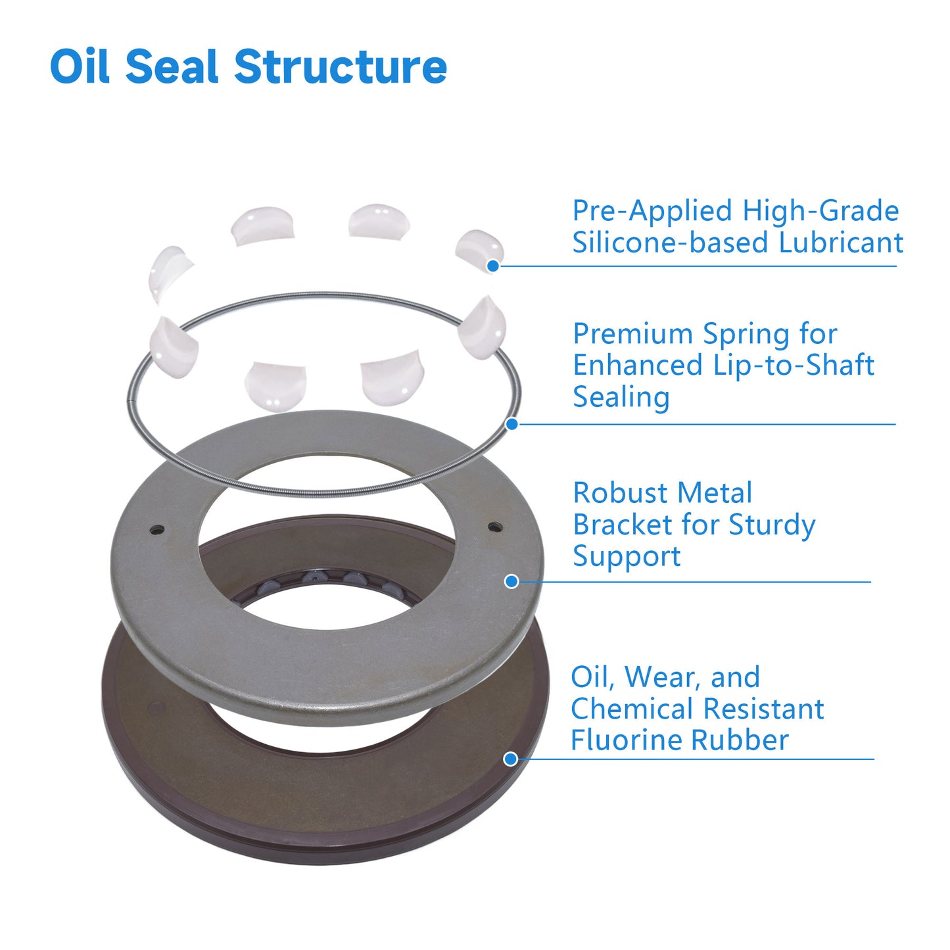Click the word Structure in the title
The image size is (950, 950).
click(x=341, y=66)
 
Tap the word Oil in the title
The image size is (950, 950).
click(x=80, y=66)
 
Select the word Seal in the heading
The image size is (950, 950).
click(x=172, y=66)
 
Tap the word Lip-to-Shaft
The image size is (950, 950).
click(x=794, y=366)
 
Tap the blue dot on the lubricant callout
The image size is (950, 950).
click(x=493, y=266)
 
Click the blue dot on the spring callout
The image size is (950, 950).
click(x=512, y=424)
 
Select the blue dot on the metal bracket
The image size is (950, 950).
click(x=511, y=582)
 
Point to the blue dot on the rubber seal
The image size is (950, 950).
click(x=511, y=759)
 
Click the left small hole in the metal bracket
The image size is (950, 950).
click(x=158, y=531)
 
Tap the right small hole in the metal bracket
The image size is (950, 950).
click(x=495, y=527)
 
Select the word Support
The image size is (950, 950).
click(x=627, y=557)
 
